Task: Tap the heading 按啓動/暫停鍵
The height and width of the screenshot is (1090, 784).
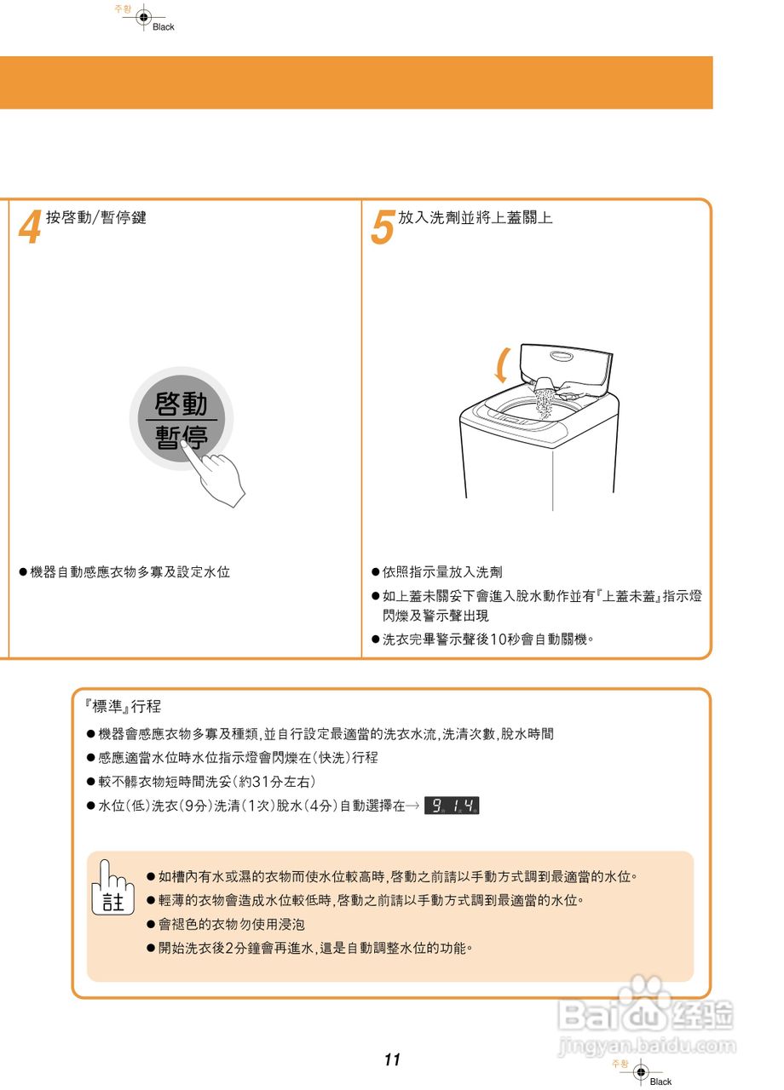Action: click(x=96, y=218)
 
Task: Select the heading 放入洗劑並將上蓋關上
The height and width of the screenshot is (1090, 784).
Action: click(x=476, y=218)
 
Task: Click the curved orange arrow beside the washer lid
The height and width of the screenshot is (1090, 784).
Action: click(x=504, y=364)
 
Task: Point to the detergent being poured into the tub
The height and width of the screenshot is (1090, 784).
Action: click(x=544, y=399)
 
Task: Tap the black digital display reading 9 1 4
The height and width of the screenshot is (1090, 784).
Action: click(x=452, y=806)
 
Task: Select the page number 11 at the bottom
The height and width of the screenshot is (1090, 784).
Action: click(x=391, y=1060)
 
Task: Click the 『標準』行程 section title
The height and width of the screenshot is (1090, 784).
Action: click(x=124, y=707)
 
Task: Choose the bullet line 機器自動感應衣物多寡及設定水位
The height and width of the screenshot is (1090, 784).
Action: click(x=130, y=572)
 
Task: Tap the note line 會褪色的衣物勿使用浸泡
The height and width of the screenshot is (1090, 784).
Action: click(x=232, y=924)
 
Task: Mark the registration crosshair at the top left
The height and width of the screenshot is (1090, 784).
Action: click(x=143, y=17)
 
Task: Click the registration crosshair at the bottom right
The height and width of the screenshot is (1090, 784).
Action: click(x=641, y=1071)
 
